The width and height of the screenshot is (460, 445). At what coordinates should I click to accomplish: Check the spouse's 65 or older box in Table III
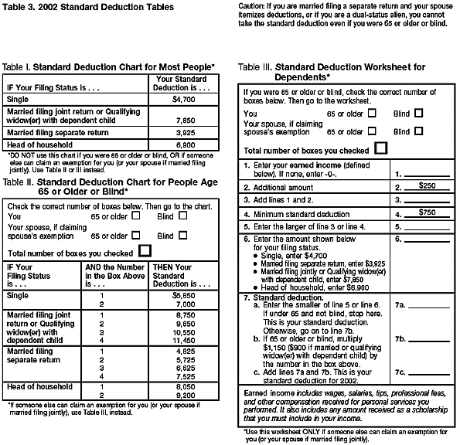click(x=373, y=131)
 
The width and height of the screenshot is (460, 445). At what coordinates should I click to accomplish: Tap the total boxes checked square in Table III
click(x=380, y=148)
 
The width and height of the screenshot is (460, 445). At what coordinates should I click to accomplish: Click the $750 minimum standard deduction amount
click(x=427, y=212)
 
